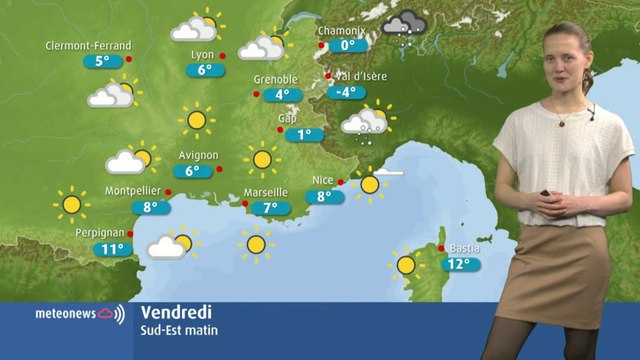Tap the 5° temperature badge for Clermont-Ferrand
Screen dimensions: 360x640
click(103, 61)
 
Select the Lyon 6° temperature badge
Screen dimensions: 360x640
click(205, 70)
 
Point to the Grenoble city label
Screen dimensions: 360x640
click(275, 80)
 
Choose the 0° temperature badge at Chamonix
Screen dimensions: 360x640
click(348, 45)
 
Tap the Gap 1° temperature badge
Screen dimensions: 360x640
click(305, 135)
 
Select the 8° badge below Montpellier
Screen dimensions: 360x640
click(151, 208)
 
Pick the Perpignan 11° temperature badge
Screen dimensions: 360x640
click(113, 249)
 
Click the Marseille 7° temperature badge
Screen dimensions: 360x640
click(270, 208)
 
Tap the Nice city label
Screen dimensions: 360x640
click(323, 180)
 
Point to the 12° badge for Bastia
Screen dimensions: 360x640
click(459, 265)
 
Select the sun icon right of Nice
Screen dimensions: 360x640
click(370, 184)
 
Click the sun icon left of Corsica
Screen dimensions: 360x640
click(406, 264)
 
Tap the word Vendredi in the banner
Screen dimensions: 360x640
click(171, 312)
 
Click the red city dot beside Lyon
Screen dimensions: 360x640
click(223, 55)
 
